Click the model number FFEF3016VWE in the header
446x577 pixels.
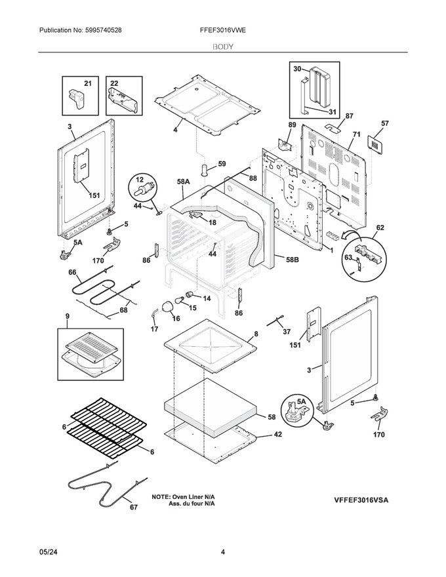coord(222,30)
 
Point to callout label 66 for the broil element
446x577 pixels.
coord(72,272)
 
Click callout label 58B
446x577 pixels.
coord(292,259)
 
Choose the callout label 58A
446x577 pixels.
coord(183,180)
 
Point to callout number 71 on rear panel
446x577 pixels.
coord(356,134)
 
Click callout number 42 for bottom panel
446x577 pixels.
coord(277,434)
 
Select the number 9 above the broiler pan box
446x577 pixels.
coord(66,316)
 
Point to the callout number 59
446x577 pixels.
coord(221,163)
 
